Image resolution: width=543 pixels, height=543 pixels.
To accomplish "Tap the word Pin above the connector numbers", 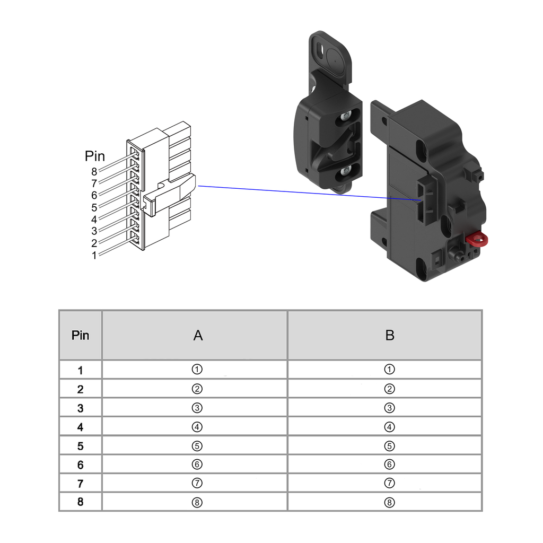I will click(95, 156).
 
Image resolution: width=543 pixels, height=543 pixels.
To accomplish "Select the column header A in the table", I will click(197, 335).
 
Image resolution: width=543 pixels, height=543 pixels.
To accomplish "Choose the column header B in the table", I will click(390, 335).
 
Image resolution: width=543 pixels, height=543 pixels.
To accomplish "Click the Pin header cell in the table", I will click(81, 335).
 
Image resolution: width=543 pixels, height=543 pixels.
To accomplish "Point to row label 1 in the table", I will click(81, 370).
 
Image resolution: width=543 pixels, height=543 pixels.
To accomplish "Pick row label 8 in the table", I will click(81, 502).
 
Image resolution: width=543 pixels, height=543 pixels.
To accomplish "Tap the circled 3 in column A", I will click(197, 408).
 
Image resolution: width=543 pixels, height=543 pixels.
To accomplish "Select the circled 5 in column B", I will click(390, 445).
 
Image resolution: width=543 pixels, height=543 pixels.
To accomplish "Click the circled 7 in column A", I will click(197, 483).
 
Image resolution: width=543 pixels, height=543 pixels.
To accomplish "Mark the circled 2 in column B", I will click(390, 389).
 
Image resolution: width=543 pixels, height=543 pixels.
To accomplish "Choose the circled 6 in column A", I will click(197, 465).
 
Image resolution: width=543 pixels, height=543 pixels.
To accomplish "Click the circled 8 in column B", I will click(390, 502).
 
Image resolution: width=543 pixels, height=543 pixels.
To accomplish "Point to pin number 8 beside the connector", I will click(94, 171).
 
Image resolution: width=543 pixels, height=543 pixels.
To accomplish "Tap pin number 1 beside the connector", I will click(94, 255).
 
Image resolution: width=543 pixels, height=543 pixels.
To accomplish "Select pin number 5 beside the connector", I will click(94, 207).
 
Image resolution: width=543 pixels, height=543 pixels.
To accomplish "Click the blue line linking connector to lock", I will click(308, 193).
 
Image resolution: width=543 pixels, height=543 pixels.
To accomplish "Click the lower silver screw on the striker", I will click(346, 171).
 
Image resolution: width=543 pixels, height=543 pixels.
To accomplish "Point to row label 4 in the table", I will click(81, 427).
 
